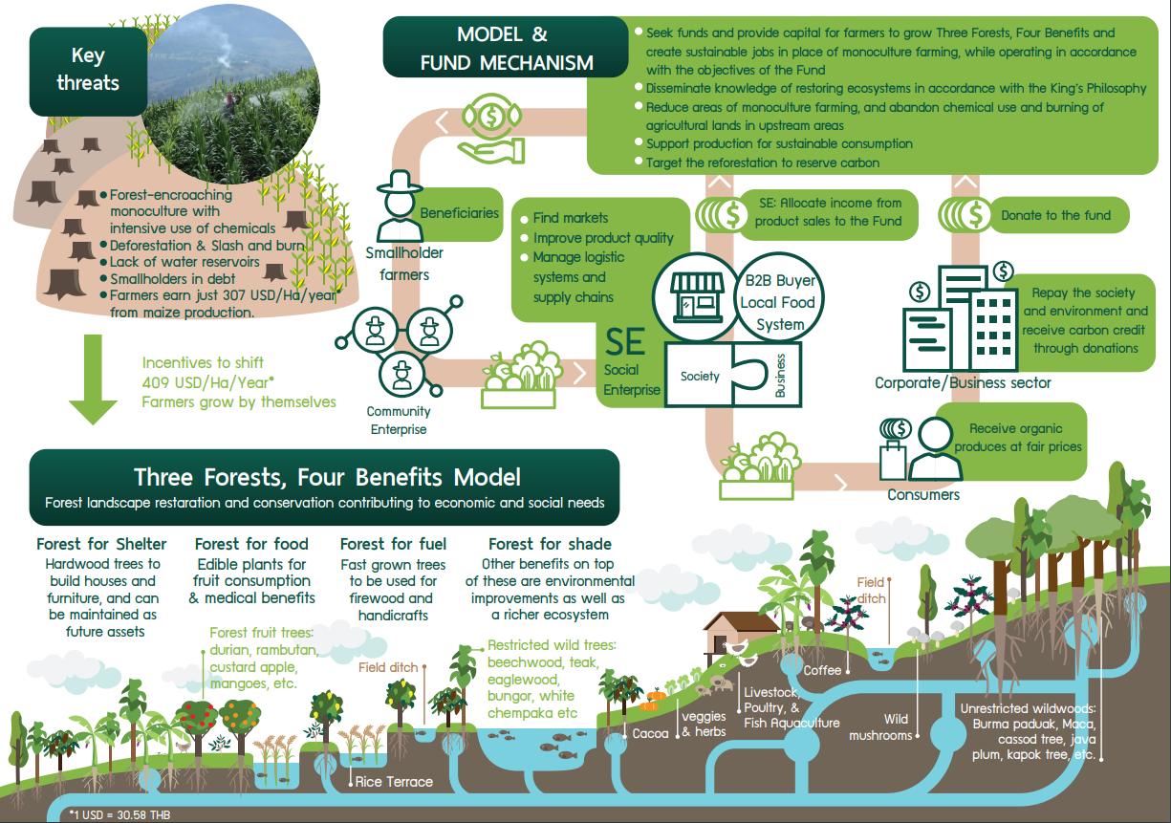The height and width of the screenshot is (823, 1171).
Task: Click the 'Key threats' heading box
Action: click(88, 72)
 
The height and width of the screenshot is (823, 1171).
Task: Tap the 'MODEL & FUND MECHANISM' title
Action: click(506, 48)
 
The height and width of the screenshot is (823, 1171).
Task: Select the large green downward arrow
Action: click(93, 379)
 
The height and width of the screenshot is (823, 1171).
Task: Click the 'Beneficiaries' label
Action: click(459, 213)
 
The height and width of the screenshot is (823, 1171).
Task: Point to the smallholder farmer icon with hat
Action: click(400, 206)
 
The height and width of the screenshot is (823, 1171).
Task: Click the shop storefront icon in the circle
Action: click(697, 297)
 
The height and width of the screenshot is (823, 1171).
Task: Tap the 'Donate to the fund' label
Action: click(1055, 215)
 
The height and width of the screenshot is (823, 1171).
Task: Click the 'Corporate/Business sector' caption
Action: click(963, 382)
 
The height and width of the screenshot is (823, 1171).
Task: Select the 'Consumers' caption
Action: click(923, 494)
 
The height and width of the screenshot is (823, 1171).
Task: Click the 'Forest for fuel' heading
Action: click(393, 544)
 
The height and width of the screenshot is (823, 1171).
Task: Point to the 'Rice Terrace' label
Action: click(394, 782)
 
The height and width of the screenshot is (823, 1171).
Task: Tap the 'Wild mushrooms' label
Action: click(880, 727)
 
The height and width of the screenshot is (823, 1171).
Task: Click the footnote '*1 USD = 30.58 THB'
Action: click(119, 814)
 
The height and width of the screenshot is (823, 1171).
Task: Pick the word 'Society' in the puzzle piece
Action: click(700, 376)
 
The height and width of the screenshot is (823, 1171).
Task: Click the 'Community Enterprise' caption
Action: click(399, 421)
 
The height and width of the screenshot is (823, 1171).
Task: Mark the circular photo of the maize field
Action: click(230, 94)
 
